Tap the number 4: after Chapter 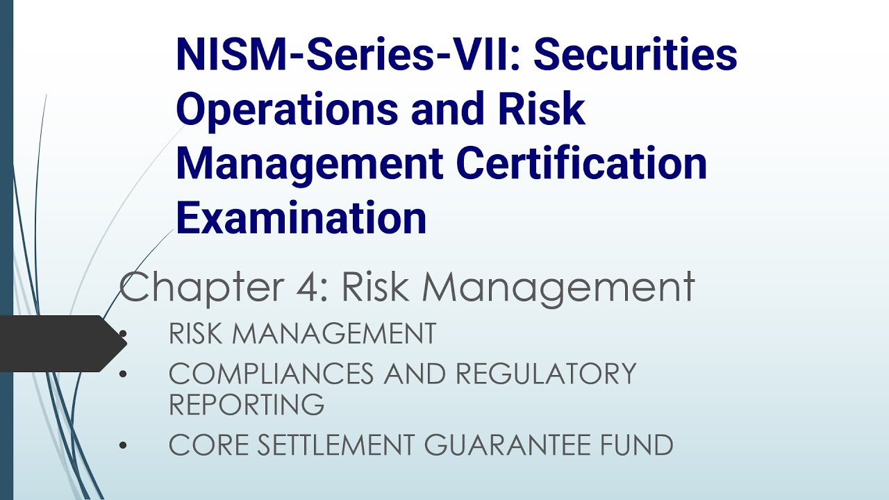[x=317, y=287]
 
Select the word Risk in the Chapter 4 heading [x=381, y=287]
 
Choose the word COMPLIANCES [x=272, y=374]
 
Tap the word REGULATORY [x=545, y=374]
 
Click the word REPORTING [x=247, y=404]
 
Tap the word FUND [x=640, y=445]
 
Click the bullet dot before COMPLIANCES [x=124, y=374]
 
